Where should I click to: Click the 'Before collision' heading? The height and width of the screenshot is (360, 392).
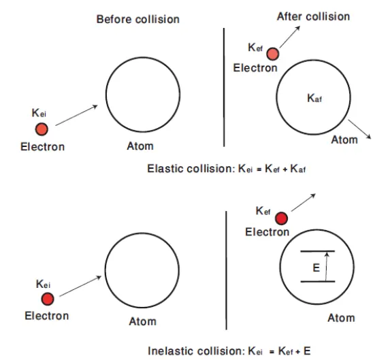point(138,19)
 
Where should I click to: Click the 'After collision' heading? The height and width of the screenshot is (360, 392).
point(313,16)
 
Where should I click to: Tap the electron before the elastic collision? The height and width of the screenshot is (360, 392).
point(42,129)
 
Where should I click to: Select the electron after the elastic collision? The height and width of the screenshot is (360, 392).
point(273,54)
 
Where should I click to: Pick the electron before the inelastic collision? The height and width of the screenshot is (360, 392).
point(48,299)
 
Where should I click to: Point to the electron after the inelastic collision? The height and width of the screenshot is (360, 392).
point(282,218)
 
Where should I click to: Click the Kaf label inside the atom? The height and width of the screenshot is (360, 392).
point(314,98)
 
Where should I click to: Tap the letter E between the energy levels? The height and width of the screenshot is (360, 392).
point(316,268)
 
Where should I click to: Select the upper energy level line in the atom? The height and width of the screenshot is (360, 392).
point(318,251)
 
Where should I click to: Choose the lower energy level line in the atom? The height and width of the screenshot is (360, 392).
point(318,282)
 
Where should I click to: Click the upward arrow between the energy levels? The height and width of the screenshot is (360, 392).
point(326,267)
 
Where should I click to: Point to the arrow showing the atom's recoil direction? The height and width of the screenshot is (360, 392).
point(359,129)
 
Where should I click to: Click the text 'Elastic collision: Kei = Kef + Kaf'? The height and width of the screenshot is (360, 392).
point(226,169)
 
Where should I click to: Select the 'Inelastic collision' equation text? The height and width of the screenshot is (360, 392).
point(229,351)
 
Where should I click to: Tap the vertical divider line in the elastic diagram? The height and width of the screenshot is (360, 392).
point(224,87)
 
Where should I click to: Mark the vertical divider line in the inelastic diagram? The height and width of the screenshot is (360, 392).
point(226,270)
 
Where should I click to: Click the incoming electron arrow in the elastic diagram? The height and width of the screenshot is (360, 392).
point(76,115)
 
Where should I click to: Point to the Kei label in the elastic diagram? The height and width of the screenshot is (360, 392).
point(39,113)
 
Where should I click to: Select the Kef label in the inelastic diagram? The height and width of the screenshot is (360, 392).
point(263,211)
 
